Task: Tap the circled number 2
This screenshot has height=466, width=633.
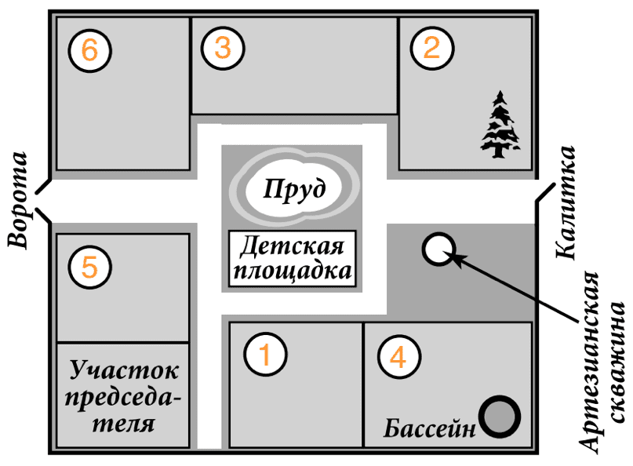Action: pyautogui.click(x=431, y=49)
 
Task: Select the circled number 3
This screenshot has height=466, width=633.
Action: pyautogui.click(x=222, y=49)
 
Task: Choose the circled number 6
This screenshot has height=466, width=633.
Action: pyautogui.click(x=89, y=51)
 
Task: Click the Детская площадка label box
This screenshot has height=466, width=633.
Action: pyautogui.click(x=293, y=260)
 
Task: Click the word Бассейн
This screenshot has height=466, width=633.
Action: pyautogui.click(x=431, y=428)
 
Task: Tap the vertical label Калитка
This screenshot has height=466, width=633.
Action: pyautogui.click(x=567, y=202)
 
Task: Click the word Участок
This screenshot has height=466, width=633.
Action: pyautogui.click(x=124, y=370)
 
